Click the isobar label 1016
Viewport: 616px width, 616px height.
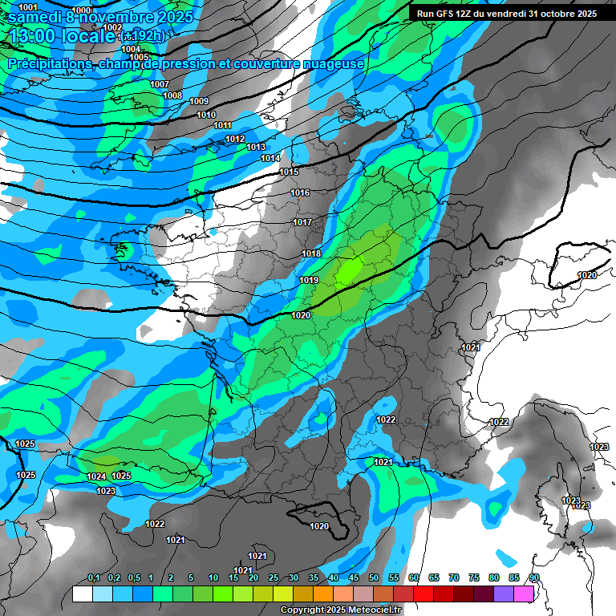tap(301, 193)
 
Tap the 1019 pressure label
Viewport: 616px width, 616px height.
tap(309, 280)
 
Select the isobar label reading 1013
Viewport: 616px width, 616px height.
tap(256, 147)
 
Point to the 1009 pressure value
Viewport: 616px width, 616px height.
tap(199, 101)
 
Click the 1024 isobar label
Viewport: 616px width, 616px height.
tap(96, 476)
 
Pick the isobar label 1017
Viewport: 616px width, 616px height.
tap(302, 222)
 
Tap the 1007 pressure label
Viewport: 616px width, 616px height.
tap(160, 84)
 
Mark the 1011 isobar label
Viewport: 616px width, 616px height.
tap(222, 125)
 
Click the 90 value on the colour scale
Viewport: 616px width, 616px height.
tap(533, 577)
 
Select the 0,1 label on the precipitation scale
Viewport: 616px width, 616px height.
tap(93, 577)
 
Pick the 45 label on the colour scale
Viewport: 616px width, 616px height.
tap(354, 577)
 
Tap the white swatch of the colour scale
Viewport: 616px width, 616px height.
tap(82, 594)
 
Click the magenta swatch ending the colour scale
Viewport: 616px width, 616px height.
tap(524, 594)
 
